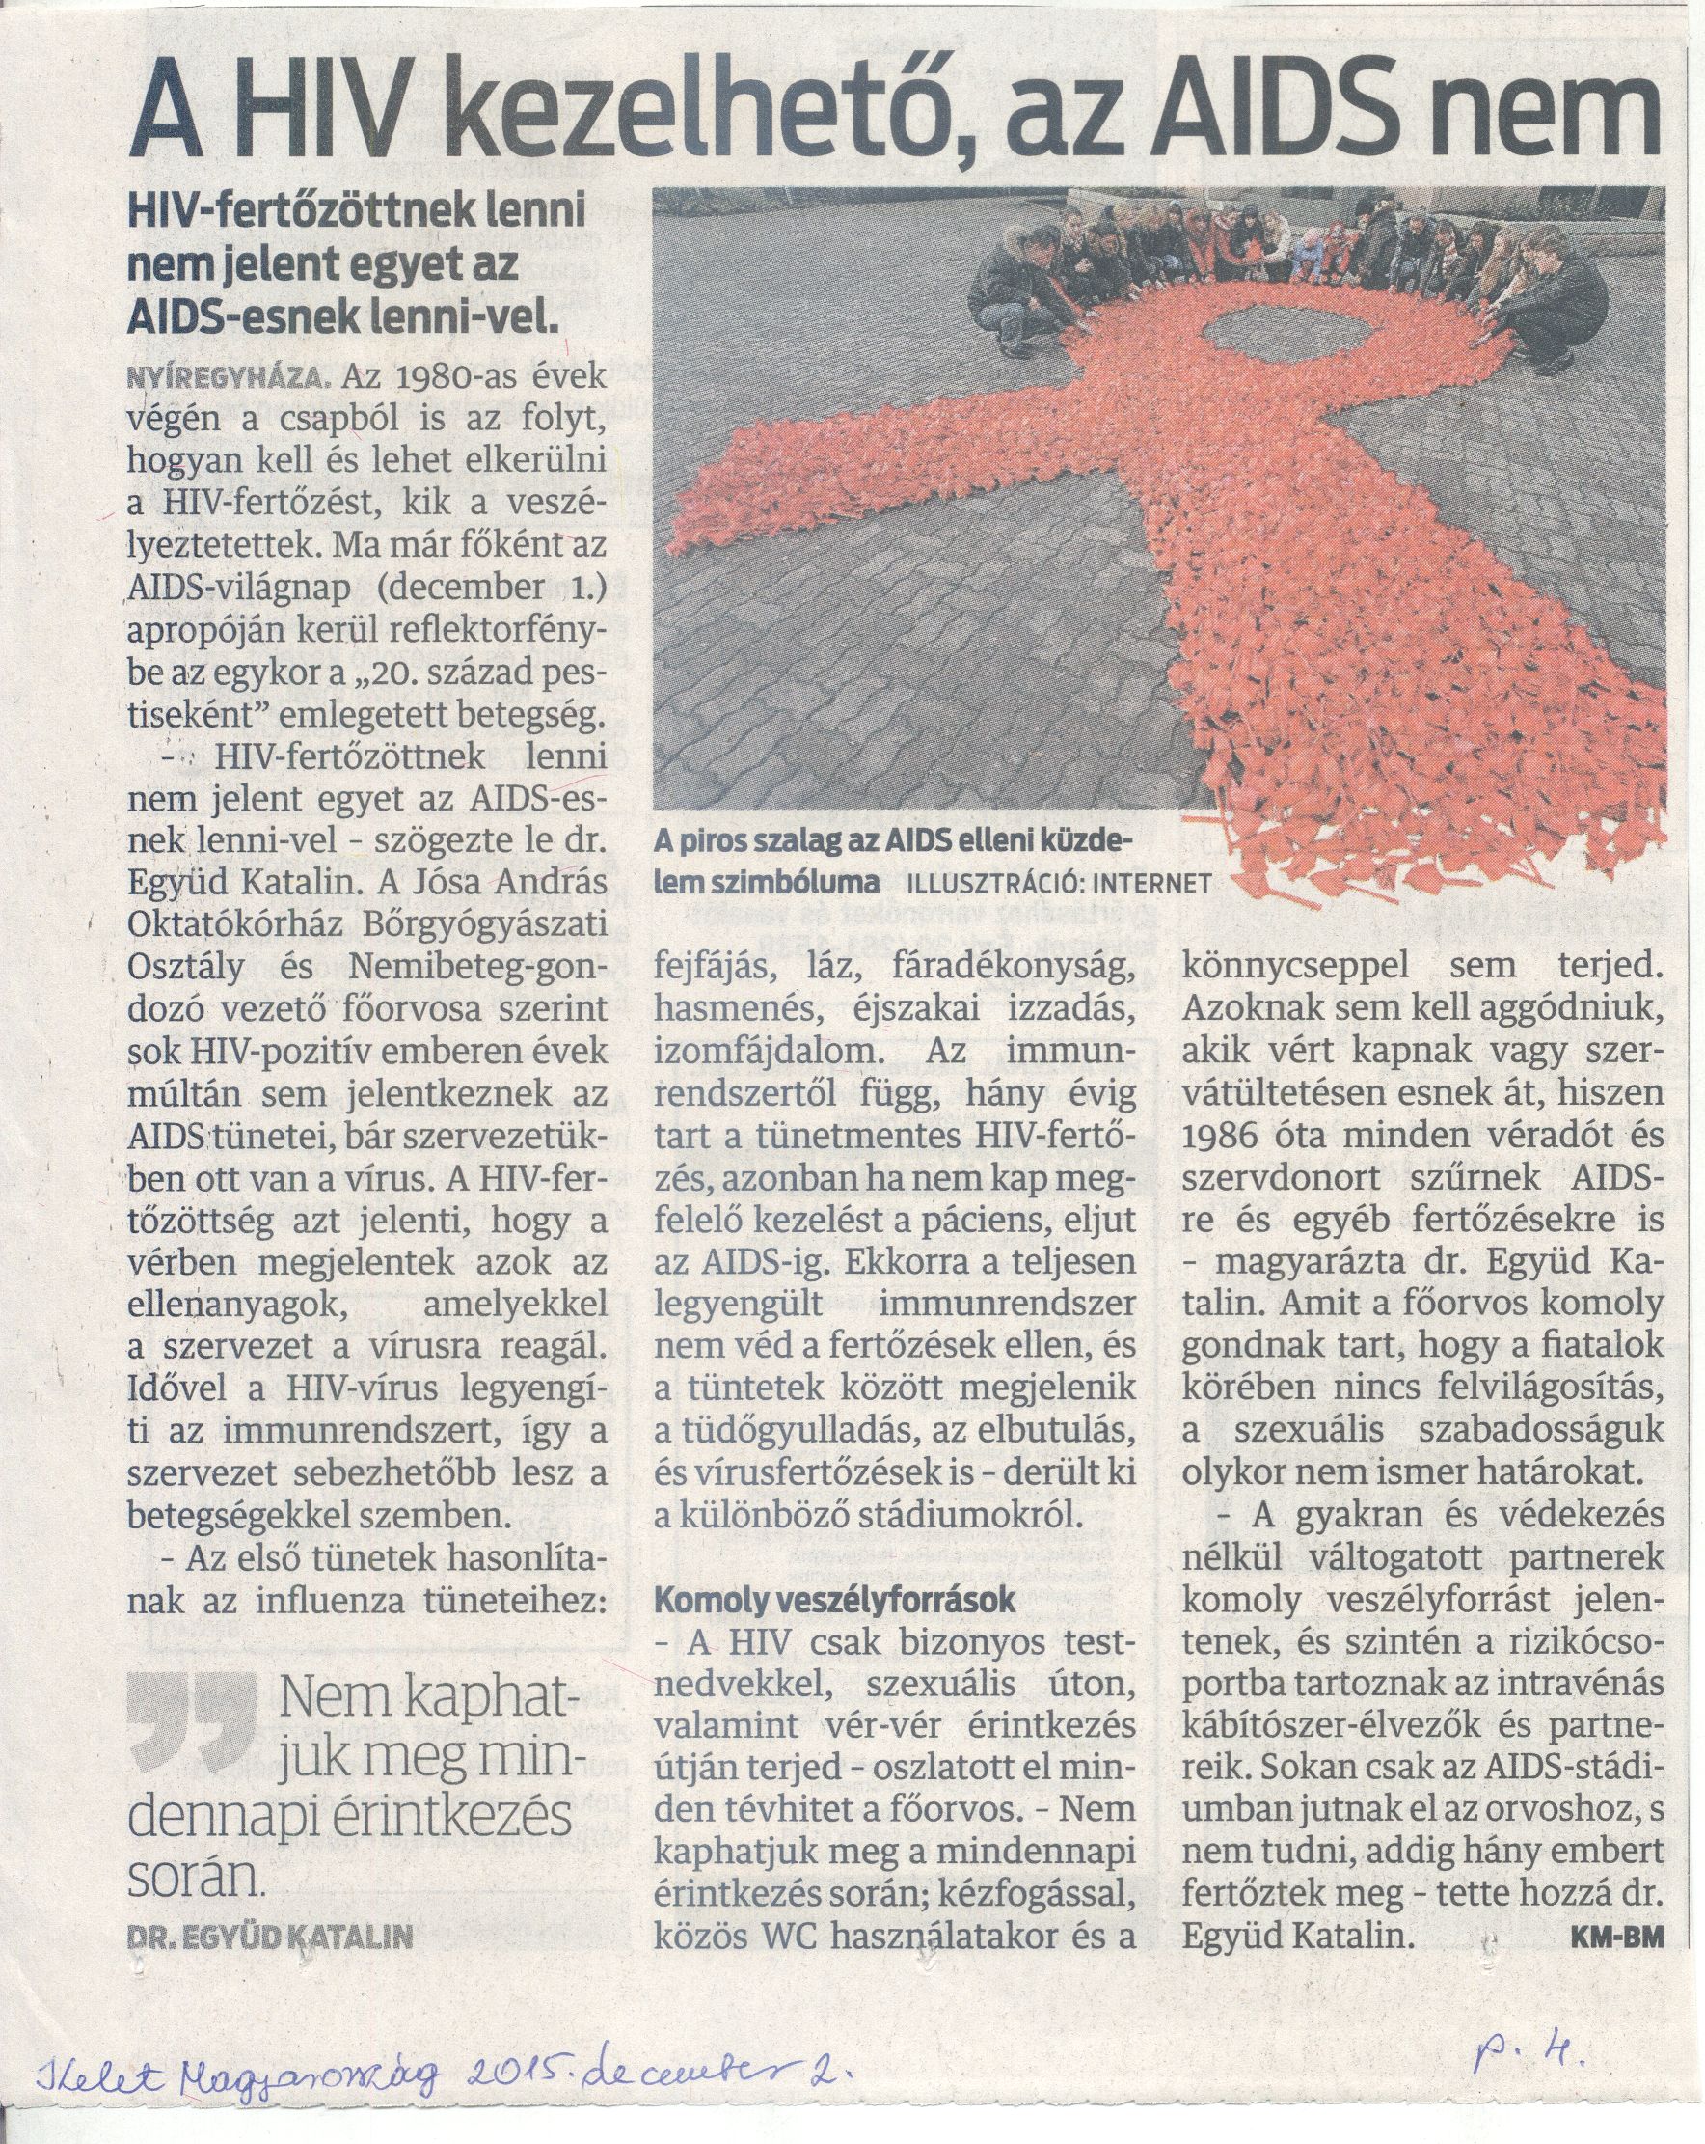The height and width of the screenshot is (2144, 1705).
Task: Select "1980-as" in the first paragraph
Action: click(x=415, y=379)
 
